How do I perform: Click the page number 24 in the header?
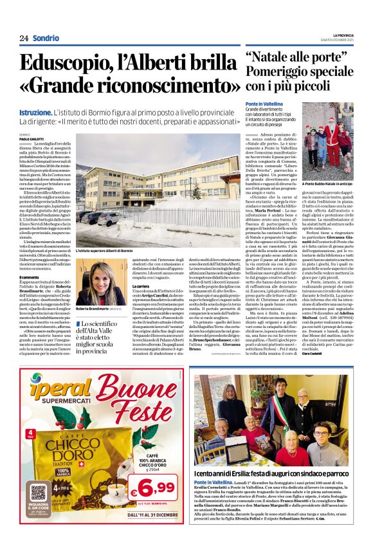tap(24, 39)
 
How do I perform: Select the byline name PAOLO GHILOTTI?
tap(33, 138)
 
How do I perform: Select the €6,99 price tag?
tap(154, 493)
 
